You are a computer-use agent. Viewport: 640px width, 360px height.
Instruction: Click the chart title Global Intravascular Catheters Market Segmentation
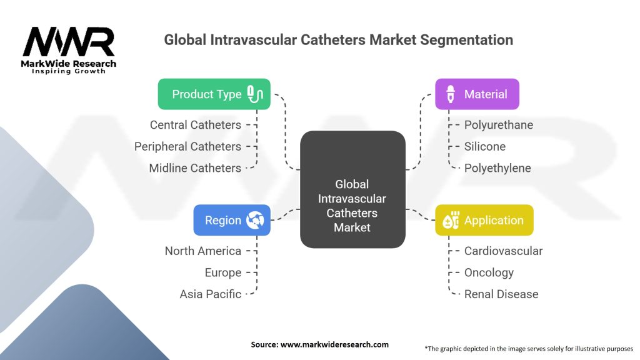click(x=338, y=40)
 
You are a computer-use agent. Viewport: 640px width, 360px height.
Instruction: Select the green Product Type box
click(x=214, y=94)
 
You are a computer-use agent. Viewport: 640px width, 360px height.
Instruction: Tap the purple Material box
click(x=477, y=94)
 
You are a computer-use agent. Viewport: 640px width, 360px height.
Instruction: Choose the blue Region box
click(x=231, y=220)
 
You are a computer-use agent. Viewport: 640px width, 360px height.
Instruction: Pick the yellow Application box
click(x=484, y=220)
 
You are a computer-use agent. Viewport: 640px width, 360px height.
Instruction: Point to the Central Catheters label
click(x=195, y=125)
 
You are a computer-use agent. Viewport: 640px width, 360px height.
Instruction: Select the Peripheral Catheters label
click(x=187, y=146)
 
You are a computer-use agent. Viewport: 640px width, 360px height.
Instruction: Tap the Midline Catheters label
click(x=194, y=168)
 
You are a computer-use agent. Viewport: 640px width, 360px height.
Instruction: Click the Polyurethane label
click(x=498, y=125)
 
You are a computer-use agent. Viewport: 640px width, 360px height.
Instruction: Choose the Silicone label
click(x=484, y=146)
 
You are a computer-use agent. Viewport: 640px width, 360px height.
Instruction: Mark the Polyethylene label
click(x=497, y=168)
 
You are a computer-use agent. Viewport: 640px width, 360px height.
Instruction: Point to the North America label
click(x=202, y=251)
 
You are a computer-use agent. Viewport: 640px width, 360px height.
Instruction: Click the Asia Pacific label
click(x=210, y=294)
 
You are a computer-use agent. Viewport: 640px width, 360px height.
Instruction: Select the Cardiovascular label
click(x=503, y=251)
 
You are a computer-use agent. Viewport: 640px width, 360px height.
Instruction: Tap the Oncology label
click(x=489, y=272)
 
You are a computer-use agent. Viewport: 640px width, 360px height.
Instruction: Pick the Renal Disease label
click(x=501, y=294)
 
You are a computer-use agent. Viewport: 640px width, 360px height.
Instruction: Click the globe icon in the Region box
click(x=255, y=220)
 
